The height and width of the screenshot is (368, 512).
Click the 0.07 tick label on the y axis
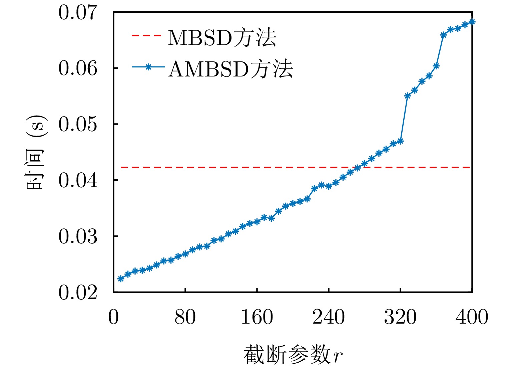(78, 13)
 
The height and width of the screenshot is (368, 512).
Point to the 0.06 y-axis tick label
(78, 68)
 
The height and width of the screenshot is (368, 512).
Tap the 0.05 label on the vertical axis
(78, 125)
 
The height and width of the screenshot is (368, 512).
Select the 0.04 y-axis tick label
(78, 181)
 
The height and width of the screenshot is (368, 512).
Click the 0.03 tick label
(78, 237)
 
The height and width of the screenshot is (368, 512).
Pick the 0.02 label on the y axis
(78, 293)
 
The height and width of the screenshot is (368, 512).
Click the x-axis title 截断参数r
(293, 355)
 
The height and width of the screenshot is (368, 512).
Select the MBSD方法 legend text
(222, 37)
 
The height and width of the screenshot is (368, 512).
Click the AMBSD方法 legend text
(230, 69)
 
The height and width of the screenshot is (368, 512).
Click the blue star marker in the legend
(149, 67)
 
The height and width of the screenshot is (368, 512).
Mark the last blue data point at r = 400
(472, 22)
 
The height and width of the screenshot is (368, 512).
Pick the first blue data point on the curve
(121, 279)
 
